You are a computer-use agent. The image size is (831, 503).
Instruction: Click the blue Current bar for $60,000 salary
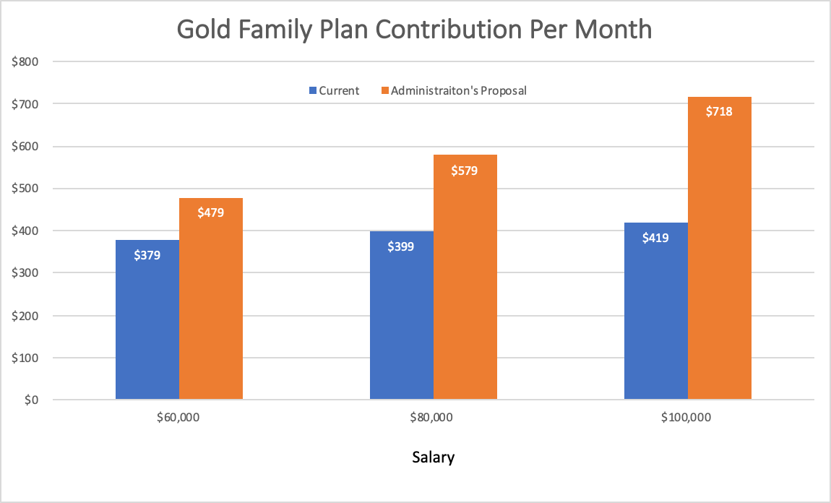147,325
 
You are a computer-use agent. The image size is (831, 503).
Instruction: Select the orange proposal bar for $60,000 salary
211,304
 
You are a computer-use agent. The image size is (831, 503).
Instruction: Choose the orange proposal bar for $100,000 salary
720,253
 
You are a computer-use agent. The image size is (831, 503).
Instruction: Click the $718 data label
719,111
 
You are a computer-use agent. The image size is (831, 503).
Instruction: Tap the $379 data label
147,254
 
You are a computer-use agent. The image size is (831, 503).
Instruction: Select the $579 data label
465,171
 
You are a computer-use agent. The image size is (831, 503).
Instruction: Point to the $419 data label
655,237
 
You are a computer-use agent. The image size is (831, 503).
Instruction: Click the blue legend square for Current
313,91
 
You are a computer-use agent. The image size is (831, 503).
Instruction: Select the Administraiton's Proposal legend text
458,91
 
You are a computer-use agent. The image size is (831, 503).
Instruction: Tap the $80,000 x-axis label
433,418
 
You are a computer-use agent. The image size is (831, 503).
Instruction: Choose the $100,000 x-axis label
687,418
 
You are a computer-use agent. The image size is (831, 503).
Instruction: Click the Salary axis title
433,457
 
